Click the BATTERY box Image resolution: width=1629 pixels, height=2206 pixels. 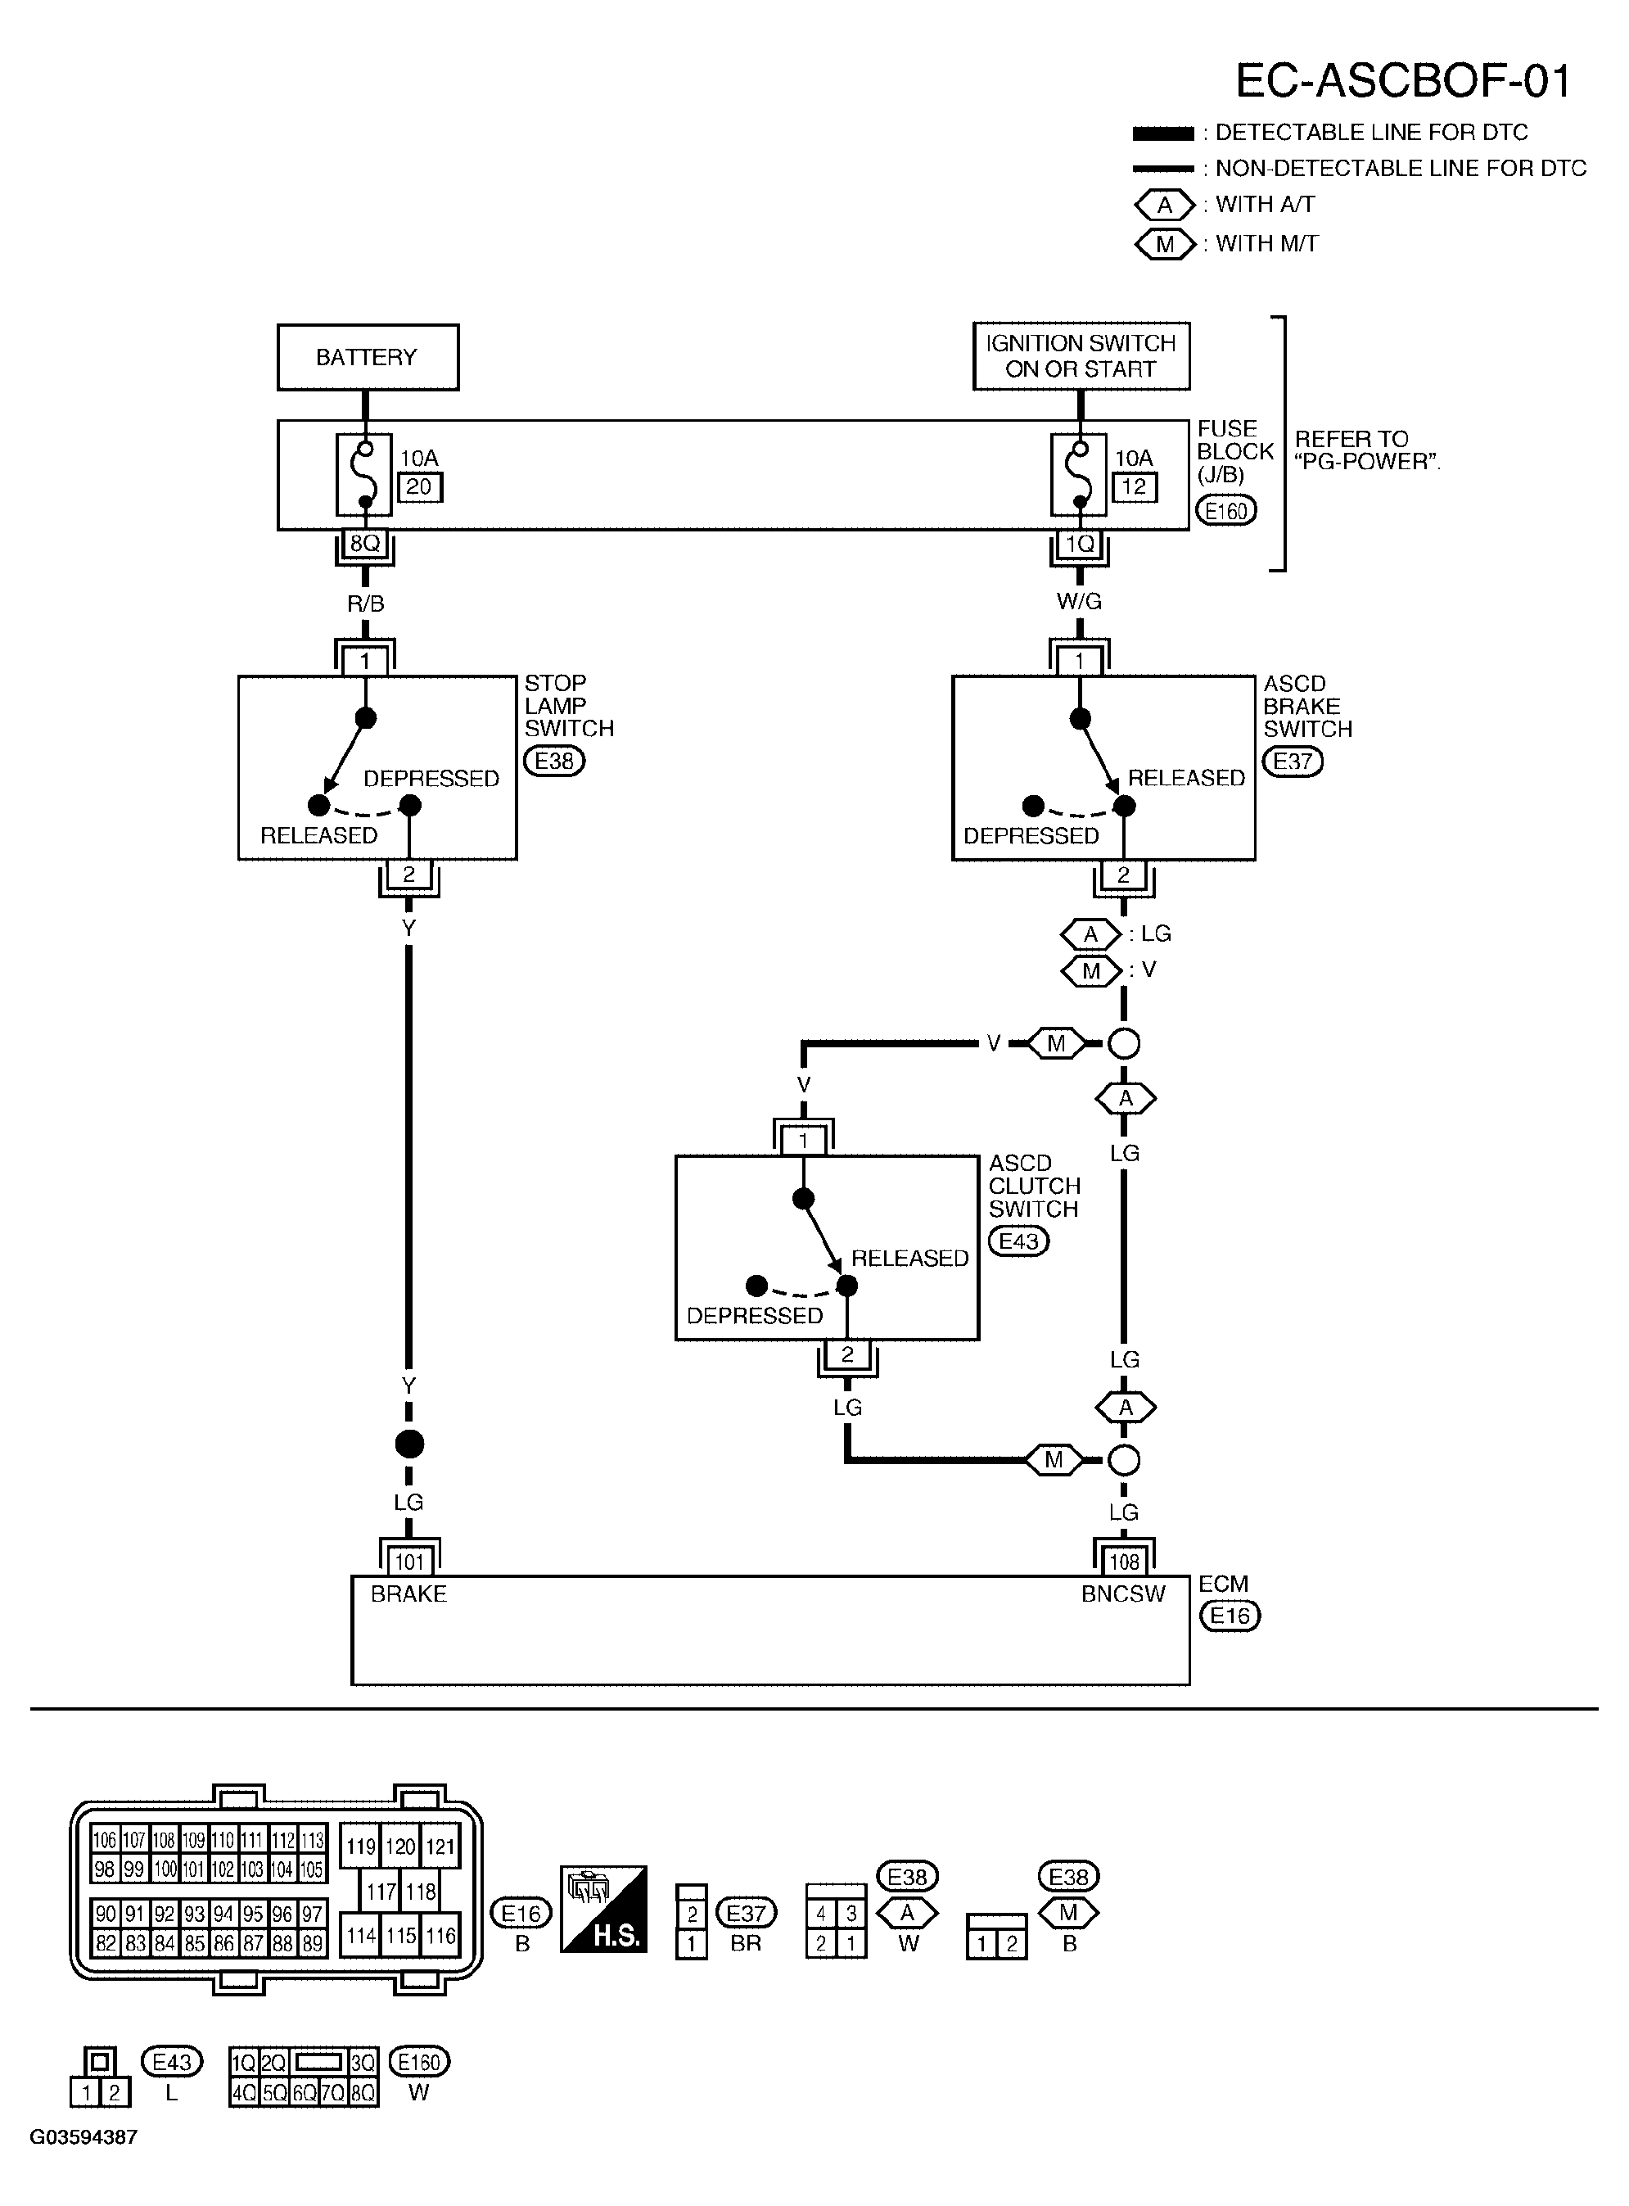tap(367, 357)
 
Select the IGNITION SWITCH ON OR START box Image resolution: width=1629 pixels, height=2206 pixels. tap(1081, 356)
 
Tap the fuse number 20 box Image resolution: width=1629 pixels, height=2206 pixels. tap(419, 487)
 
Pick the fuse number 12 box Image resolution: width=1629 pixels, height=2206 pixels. tap(1134, 487)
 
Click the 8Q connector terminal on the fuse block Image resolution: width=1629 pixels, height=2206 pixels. tap(365, 545)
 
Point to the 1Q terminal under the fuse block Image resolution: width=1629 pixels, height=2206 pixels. tap(1080, 545)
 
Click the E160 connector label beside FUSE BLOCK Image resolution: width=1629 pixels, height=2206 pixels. tap(1225, 511)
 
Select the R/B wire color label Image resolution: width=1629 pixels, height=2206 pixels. tap(365, 603)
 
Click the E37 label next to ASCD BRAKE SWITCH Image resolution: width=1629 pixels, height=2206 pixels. tap(1293, 762)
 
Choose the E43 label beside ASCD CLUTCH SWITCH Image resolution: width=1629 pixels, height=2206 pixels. tap(1018, 1241)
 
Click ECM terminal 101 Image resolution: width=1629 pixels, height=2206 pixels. tap(409, 1562)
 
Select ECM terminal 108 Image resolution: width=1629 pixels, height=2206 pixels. tap(1124, 1562)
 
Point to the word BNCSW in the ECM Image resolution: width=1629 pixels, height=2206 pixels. tap(1123, 1594)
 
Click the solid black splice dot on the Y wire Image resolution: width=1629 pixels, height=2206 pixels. tap(409, 1444)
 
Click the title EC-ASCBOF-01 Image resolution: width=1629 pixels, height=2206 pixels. tap(1402, 81)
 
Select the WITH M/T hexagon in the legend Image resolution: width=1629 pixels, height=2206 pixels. tap(1165, 243)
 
